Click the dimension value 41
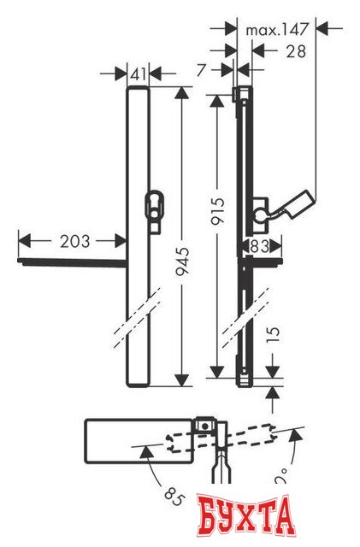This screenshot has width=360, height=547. [x=139, y=73]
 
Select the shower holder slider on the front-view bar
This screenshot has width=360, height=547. [x=155, y=209]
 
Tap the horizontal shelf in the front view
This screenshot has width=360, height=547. [x=73, y=261]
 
